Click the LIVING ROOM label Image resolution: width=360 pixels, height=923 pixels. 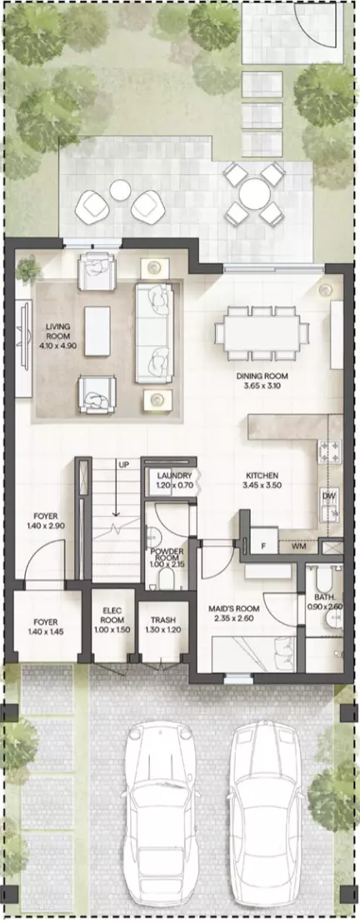(58, 332)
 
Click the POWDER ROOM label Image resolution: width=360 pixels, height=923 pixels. (167, 556)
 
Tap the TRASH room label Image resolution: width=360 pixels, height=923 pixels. (162, 621)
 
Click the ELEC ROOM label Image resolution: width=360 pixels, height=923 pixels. (112, 616)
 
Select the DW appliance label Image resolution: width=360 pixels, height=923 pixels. (328, 496)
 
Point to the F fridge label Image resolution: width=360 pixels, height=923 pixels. (263, 546)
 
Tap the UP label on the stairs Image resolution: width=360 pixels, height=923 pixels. (123, 465)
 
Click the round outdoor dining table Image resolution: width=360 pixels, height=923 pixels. (254, 193)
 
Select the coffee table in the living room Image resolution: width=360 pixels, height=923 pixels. (97, 331)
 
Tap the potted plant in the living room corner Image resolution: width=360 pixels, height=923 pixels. (27, 270)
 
